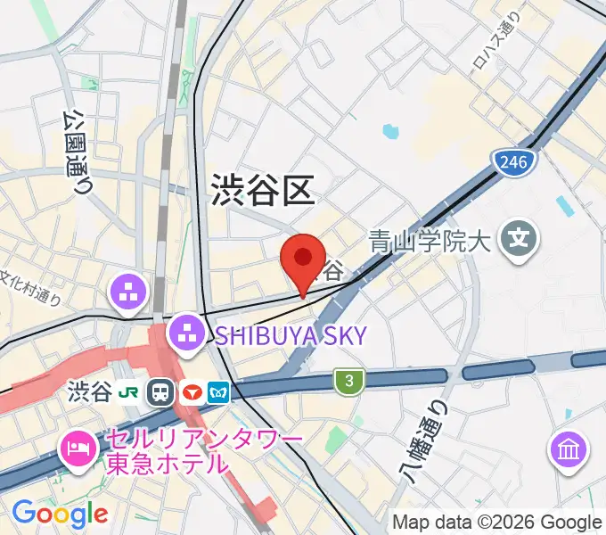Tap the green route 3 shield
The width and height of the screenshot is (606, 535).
point(349,381)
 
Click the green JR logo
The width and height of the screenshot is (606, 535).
point(130,392)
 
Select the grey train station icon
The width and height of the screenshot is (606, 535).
point(161,392)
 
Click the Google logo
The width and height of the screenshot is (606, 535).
point(60,513)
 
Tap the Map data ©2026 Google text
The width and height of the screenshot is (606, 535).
point(497,522)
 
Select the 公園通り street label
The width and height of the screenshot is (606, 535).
point(78,152)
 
